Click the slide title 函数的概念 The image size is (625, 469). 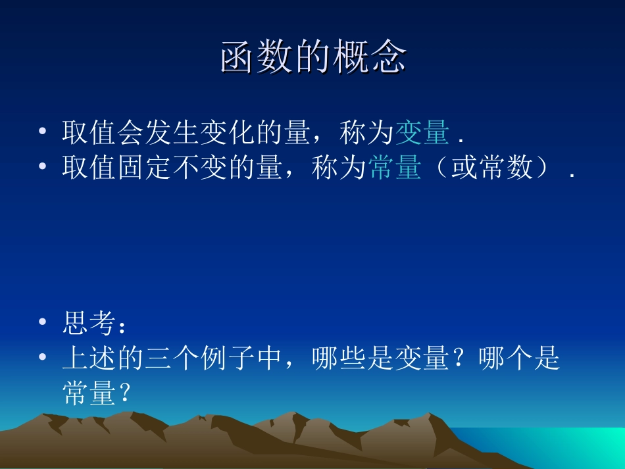[312, 59]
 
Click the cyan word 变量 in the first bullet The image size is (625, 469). [422, 134]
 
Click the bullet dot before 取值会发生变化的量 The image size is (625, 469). [43, 134]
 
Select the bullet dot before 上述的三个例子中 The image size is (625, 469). [43, 359]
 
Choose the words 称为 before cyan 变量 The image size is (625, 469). [366, 134]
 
